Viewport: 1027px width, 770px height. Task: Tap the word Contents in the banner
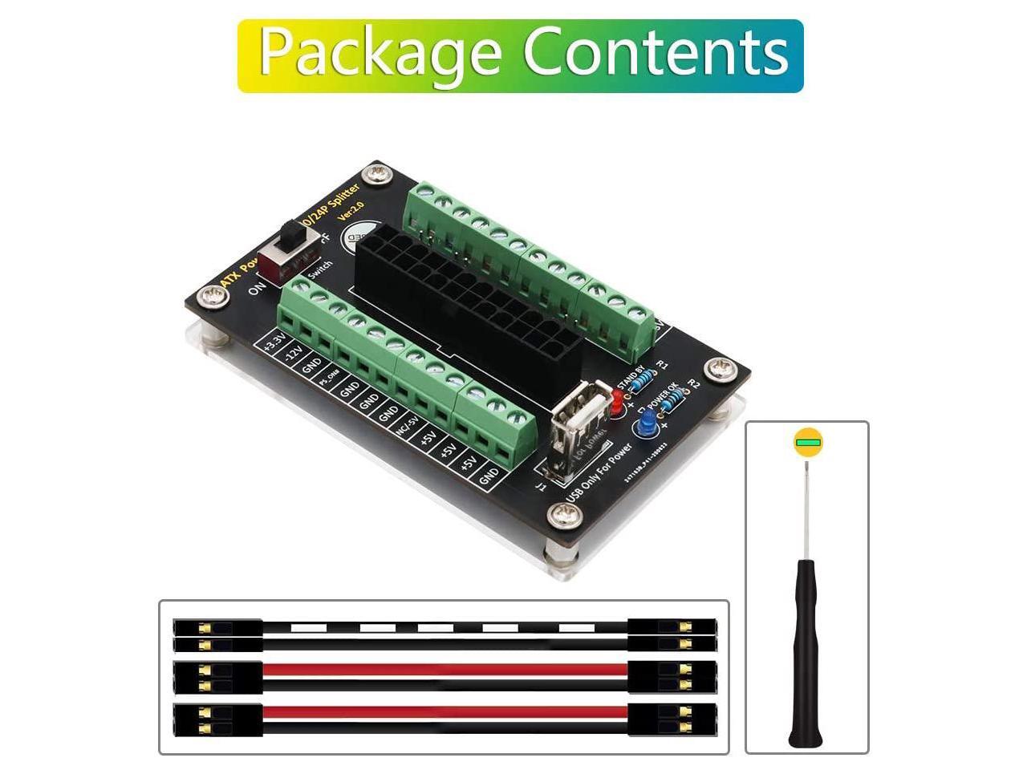(x=656, y=53)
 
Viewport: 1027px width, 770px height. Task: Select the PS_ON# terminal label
(x=330, y=380)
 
